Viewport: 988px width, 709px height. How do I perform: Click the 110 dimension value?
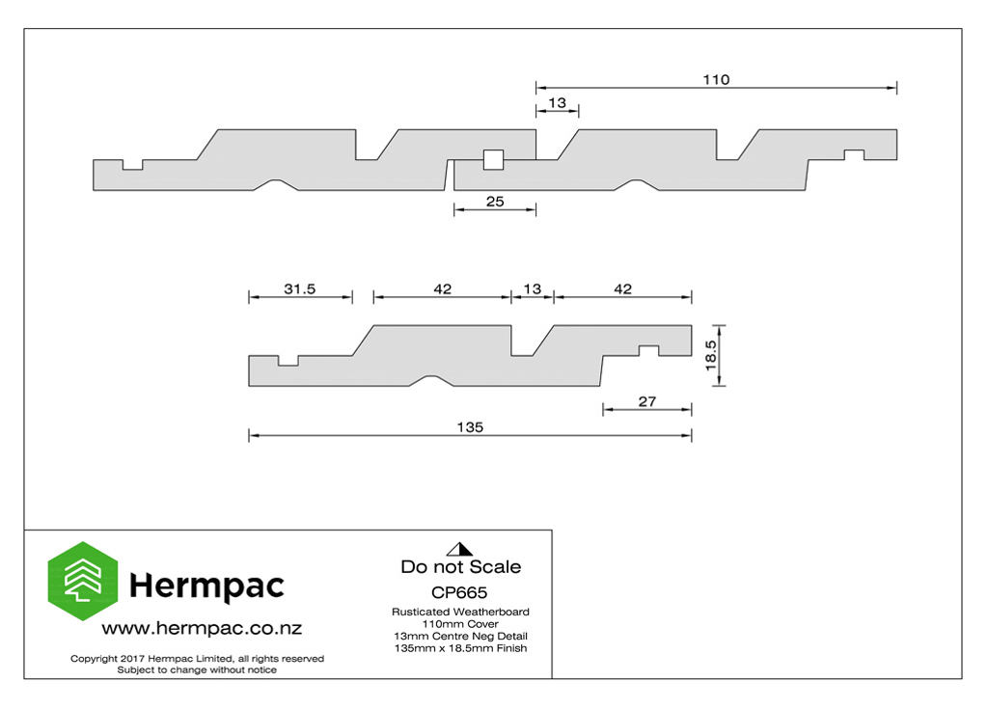coord(716,79)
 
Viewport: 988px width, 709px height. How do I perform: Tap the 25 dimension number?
coord(495,201)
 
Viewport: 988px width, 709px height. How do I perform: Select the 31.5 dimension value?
coord(299,288)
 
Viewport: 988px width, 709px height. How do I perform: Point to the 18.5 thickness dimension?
coord(711,355)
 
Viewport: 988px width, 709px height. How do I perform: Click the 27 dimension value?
coord(647,401)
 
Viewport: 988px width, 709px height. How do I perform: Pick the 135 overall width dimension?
coord(470,427)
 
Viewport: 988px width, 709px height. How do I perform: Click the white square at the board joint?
coord(493,159)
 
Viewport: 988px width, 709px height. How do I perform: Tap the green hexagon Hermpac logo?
coord(83,581)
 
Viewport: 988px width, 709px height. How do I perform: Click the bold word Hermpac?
coord(206,586)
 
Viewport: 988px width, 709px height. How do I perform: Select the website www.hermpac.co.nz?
coord(202,628)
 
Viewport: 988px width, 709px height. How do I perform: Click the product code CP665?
coord(459,592)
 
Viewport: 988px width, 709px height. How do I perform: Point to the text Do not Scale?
coord(460,566)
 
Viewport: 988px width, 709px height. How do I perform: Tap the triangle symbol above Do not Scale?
coord(459,549)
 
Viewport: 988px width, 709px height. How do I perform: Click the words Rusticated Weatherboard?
coord(460,612)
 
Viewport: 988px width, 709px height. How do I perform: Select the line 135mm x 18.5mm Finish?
coord(460,648)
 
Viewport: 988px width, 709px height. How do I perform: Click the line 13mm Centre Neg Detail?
coord(460,636)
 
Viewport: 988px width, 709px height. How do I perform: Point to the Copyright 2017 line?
coord(197,659)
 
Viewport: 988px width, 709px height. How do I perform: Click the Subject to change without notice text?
coord(197,669)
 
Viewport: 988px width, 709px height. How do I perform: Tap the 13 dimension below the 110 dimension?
coord(557,102)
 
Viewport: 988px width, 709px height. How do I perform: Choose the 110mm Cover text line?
coord(460,624)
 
